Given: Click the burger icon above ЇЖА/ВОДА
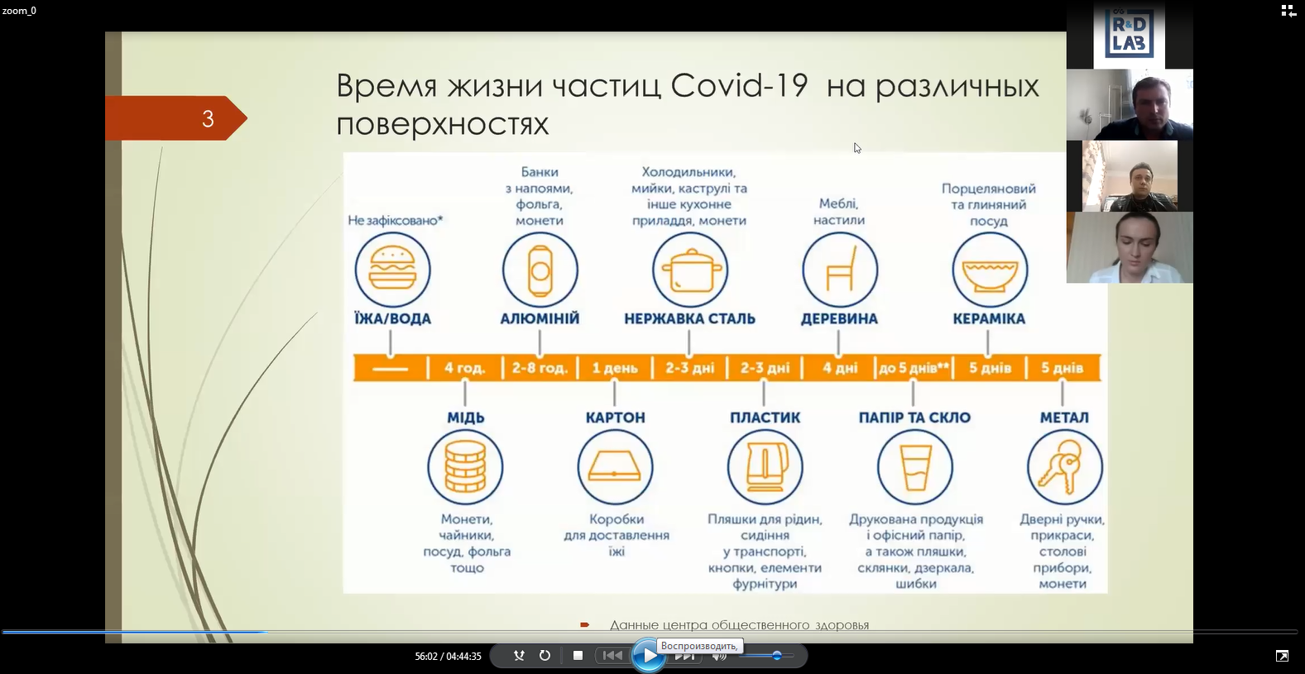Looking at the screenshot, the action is click(x=392, y=270).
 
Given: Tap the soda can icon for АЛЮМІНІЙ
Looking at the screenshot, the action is click(x=540, y=270).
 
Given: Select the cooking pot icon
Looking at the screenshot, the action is click(x=690, y=270).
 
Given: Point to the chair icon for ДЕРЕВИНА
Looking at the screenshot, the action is click(x=839, y=270).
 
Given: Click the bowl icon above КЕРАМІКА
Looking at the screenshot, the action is click(x=990, y=270).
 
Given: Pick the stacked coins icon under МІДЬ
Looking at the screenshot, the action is click(x=465, y=466).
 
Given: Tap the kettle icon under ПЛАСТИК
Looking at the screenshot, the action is click(x=765, y=466).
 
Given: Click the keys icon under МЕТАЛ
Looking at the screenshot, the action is click(x=1064, y=466).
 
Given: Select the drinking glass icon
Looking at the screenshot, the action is click(x=914, y=466).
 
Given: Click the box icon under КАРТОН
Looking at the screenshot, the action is click(x=615, y=466).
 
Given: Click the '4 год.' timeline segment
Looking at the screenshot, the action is click(x=465, y=368).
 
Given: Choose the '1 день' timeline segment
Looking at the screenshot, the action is click(x=615, y=368).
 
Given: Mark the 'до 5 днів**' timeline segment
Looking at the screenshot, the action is click(x=914, y=368).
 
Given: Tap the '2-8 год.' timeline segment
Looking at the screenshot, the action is click(x=540, y=368).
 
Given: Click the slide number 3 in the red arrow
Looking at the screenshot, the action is click(x=208, y=119).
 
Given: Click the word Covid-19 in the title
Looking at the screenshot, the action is click(x=739, y=85).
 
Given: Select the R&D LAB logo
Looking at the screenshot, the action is click(x=1129, y=35).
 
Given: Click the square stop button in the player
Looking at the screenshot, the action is click(x=578, y=655).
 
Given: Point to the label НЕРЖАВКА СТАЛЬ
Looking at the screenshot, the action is click(x=690, y=319).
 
